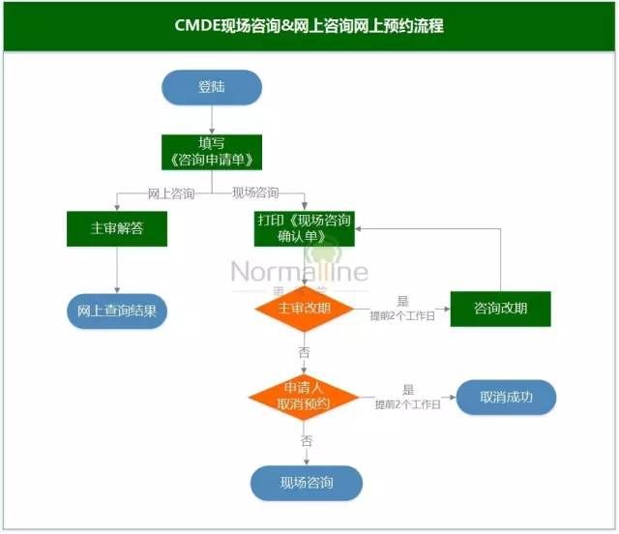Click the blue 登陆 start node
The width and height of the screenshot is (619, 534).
pyautogui.click(x=211, y=87)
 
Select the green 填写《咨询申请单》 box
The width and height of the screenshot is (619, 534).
pyautogui.click(x=211, y=152)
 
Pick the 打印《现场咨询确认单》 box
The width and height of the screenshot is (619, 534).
pyautogui.click(x=305, y=228)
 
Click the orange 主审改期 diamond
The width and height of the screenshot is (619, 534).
pyautogui.click(x=305, y=309)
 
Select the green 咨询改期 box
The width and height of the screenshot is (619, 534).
pyautogui.click(x=500, y=309)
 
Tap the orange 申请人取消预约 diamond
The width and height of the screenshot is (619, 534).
pyautogui.click(x=304, y=396)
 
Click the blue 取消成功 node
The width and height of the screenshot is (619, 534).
pyautogui.click(x=506, y=397)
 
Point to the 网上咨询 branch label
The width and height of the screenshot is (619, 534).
pyautogui.click(x=171, y=193)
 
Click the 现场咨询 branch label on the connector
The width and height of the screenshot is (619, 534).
pyautogui.click(x=255, y=193)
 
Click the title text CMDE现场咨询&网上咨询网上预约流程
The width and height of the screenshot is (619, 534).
pyautogui.click(x=309, y=26)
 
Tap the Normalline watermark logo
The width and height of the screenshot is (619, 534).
pyautogui.click(x=300, y=271)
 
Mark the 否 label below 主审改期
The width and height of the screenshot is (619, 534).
pyautogui.click(x=305, y=352)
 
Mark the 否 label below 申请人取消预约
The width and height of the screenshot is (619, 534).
pyautogui.click(x=307, y=441)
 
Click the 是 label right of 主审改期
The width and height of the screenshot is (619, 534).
pyautogui.click(x=403, y=302)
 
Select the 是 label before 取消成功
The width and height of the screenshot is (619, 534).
pyautogui.click(x=408, y=389)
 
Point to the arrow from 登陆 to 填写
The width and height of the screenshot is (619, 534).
pyautogui.click(x=211, y=119)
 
